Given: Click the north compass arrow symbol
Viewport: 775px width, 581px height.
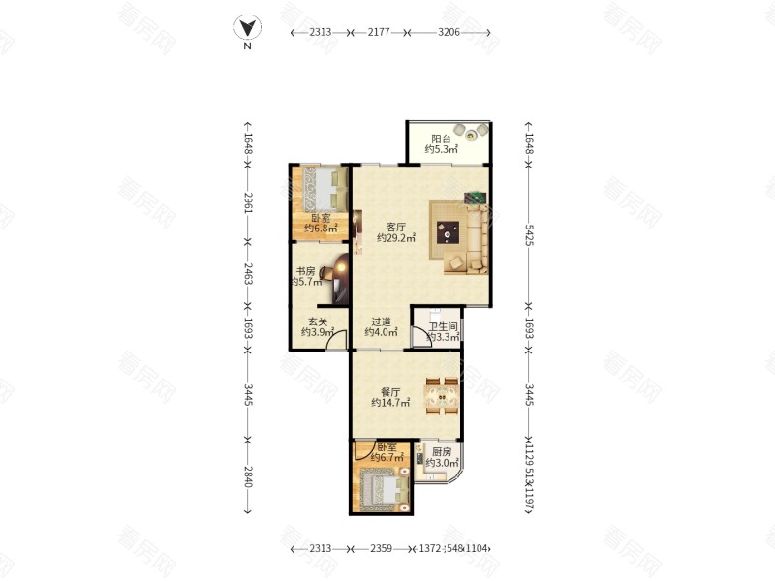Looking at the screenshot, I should pyautogui.click(x=248, y=28).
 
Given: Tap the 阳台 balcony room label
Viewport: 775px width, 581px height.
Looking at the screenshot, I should pyautogui.click(x=441, y=138).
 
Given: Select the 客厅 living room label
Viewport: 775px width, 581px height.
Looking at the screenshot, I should pyautogui.click(x=395, y=227).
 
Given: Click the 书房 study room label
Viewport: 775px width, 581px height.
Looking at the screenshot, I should pyautogui.click(x=306, y=271).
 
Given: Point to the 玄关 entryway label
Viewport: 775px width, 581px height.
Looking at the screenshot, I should pyautogui.click(x=318, y=321).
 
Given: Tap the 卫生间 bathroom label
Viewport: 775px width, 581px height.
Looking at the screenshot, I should pyautogui.click(x=444, y=326).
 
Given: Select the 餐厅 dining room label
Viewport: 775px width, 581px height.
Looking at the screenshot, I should pyautogui.click(x=390, y=392).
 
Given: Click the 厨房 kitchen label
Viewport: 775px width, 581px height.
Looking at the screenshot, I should pyautogui.click(x=442, y=452).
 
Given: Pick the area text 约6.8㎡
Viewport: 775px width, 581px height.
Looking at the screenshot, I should pyautogui.click(x=321, y=229).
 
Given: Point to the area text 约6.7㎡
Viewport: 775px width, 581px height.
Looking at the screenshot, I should pyautogui.click(x=387, y=458).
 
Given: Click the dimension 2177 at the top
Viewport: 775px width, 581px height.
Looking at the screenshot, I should pyautogui.click(x=379, y=32).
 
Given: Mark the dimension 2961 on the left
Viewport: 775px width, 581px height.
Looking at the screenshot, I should pyautogui.click(x=248, y=202).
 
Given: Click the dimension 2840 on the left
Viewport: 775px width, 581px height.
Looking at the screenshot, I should pyautogui.click(x=248, y=475).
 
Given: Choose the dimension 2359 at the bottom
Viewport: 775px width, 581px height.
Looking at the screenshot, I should pyautogui.click(x=379, y=549).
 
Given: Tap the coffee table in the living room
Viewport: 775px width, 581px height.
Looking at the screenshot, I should pyautogui.click(x=449, y=230).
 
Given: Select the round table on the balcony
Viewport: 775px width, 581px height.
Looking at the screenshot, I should pyautogui.click(x=472, y=134).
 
